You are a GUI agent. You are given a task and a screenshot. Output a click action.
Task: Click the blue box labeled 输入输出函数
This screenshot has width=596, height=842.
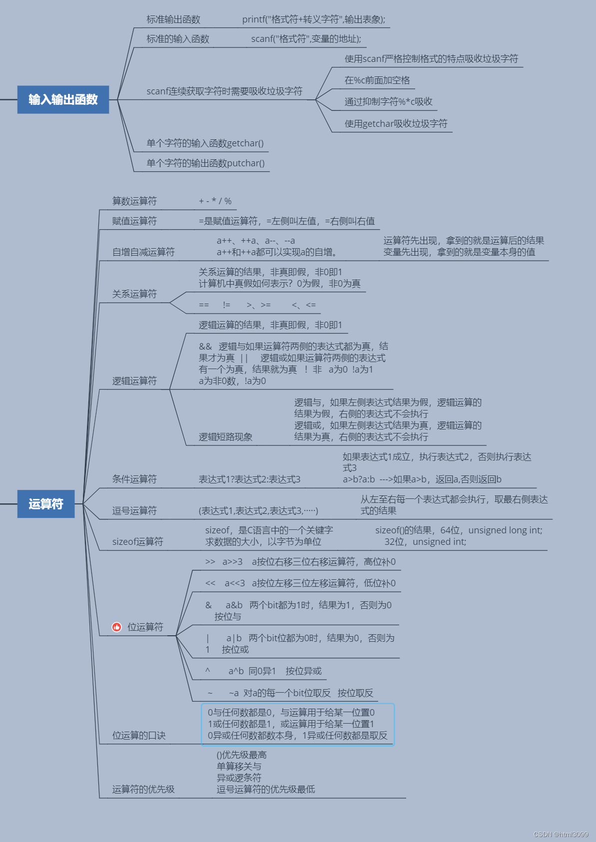[63, 99]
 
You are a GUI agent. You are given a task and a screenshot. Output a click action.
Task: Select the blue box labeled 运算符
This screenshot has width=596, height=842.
[46, 504]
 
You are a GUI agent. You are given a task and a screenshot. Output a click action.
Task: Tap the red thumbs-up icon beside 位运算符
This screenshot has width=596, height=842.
[117, 627]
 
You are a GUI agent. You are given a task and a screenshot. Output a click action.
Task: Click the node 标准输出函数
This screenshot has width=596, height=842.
[173, 19]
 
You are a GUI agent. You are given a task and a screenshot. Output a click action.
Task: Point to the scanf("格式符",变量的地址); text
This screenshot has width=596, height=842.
[306, 39]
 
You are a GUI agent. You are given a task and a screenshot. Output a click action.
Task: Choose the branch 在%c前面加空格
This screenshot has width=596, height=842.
[377, 80]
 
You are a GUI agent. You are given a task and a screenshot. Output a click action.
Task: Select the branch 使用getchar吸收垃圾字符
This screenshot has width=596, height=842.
[396, 124]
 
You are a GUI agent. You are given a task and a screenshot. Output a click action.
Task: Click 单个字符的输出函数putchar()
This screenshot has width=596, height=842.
[205, 163]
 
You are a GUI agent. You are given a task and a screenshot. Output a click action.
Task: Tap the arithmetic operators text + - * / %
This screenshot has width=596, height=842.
[215, 201]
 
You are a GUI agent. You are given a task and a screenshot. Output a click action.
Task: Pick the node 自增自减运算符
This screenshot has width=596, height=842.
[143, 252]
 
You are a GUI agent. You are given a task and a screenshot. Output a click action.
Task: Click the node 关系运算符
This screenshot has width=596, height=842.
[134, 294]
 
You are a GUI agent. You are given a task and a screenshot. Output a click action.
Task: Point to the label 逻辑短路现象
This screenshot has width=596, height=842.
[225, 437]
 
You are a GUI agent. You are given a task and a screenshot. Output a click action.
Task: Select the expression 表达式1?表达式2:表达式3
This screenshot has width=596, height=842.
[249, 479]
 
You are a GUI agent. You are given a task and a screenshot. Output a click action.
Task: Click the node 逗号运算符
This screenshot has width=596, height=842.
[134, 510]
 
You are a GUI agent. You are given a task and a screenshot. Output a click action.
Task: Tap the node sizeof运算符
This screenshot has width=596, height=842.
[137, 542]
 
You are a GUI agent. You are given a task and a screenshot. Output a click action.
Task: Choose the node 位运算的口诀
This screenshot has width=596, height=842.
[139, 736]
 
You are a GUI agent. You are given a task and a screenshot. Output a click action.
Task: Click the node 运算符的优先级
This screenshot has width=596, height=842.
[143, 790]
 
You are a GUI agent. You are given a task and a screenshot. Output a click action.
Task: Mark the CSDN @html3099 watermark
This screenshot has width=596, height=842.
[561, 835]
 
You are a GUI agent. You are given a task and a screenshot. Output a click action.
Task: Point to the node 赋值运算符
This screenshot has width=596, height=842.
[134, 221]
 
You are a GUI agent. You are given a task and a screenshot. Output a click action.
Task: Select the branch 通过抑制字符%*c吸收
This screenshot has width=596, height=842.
[388, 102]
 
